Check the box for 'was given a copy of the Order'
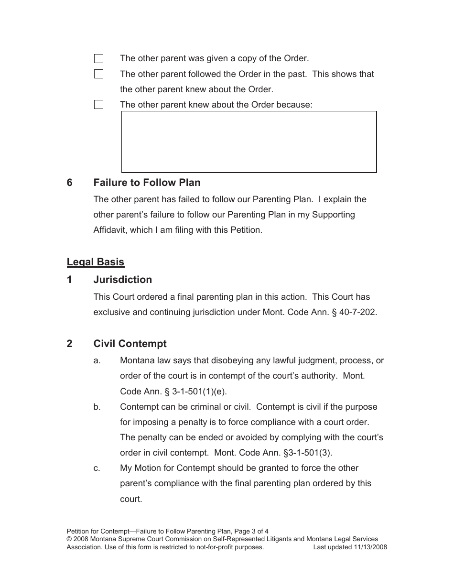click(x=98, y=59)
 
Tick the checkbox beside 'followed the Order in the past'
click(x=98, y=74)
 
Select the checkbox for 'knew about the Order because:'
click(x=98, y=105)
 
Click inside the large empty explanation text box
click(x=249, y=142)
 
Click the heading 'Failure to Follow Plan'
click(x=147, y=183)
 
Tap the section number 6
click(x=70, y=183)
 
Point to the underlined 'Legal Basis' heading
click(x=95, y=262)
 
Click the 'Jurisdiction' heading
click(x=122, y=280)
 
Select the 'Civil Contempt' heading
click(x=130, y=344)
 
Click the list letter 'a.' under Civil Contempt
click(x=97, y=361)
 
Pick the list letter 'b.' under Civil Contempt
click(x=97, y=407)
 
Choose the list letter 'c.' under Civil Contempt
click(x=97, y=468)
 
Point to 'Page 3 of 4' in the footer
click(x=251, y=531)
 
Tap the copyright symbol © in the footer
click(x=69, y=539)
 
